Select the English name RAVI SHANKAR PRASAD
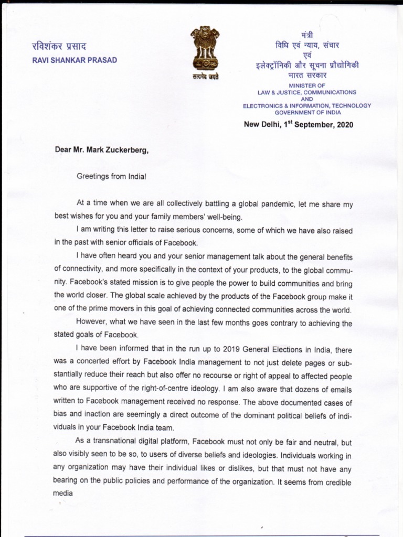pyautogui.click(x=75, y=60)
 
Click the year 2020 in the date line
pyautogui.click(x=343, y=125)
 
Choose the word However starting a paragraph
pyautogui.click(x=93, y=323)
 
